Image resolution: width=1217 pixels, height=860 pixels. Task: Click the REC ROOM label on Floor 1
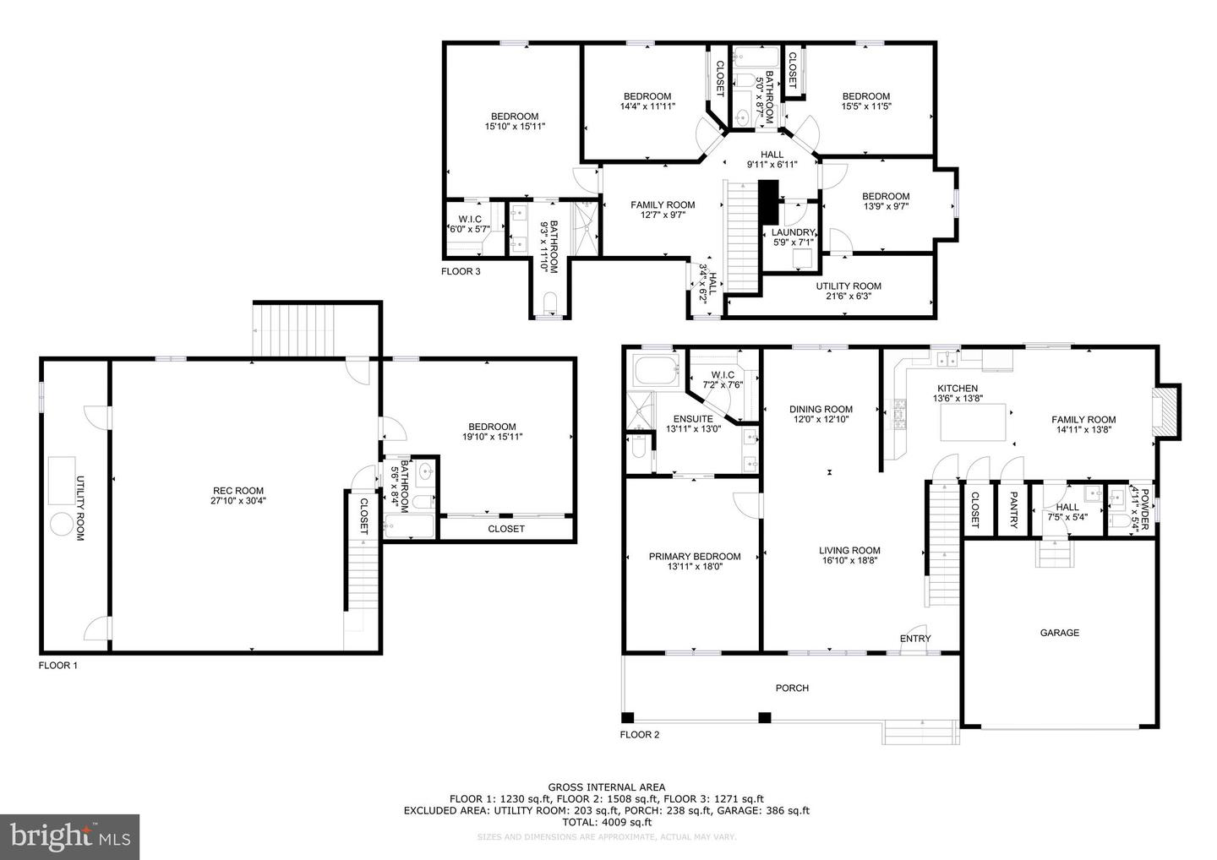[x=238, y=491]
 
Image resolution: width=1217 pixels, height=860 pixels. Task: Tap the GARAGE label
[x=1060, y=633]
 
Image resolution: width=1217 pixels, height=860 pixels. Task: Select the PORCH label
[x=792, y=688]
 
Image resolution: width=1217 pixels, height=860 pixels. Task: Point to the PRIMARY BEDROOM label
[x=695, y=557]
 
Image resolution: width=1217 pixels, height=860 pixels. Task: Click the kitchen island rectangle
[x=973, y=422]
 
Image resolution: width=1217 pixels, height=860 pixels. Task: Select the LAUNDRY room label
[x=794, y=233]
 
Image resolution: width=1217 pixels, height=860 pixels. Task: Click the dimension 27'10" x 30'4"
[x=238, y=501]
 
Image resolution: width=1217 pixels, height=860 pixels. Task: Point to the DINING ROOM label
[x=821, y=410]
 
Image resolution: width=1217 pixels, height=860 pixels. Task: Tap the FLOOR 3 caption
[x=461, y=271]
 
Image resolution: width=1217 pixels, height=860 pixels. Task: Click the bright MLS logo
[x=69, y=836]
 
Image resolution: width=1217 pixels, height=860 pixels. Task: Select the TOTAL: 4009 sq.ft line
[x=607, y=822]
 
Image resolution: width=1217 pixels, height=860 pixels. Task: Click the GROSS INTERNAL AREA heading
[x=606, y=787]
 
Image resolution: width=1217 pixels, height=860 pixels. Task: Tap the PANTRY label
[x=1013, y=509]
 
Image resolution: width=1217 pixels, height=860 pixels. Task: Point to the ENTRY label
[x=915, y=639]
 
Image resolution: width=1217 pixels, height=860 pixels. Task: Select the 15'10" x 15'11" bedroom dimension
[x=515, y=127]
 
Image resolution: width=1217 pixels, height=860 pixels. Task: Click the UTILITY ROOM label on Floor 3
[x=849, y=286]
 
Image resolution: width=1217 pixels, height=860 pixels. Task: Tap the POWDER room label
[x=1144, y=509]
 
